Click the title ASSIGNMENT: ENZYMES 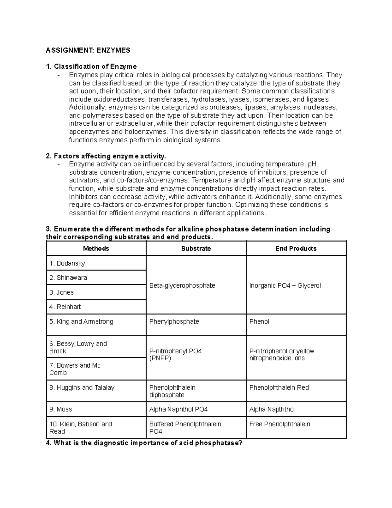[x=88, y=50]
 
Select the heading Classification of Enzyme [x=91, y=67]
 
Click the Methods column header [x=96, y=249]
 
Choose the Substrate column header [x=196, y=249]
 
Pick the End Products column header [x=296, y=249]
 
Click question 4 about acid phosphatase [x=144, y=444]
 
